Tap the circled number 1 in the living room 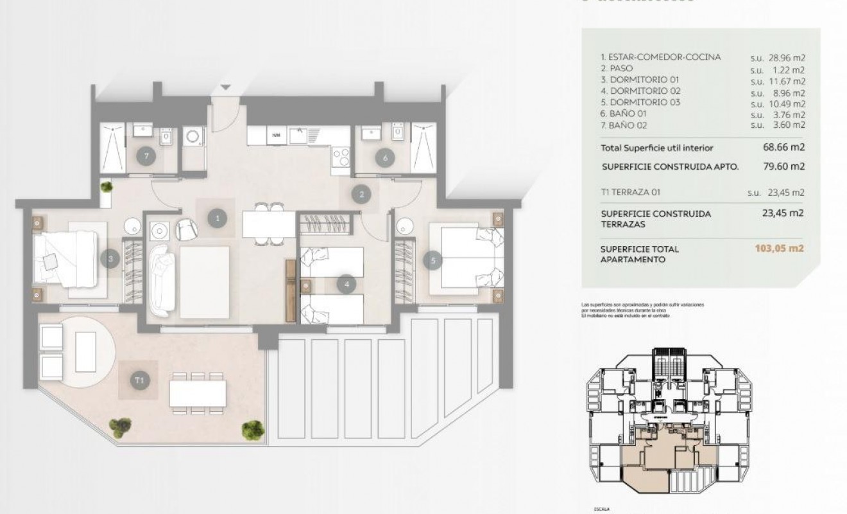[218, 218]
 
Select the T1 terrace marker [140, 381]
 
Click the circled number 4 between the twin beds [346, 283]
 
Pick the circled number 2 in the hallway [362, 194]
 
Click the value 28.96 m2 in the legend [778, 57]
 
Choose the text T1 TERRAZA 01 [631, 192]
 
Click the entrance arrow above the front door [225, 87]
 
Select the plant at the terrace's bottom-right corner [253, 429]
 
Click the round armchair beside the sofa [186, 229]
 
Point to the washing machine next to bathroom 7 [193, 136]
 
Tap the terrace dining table [198, 393]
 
